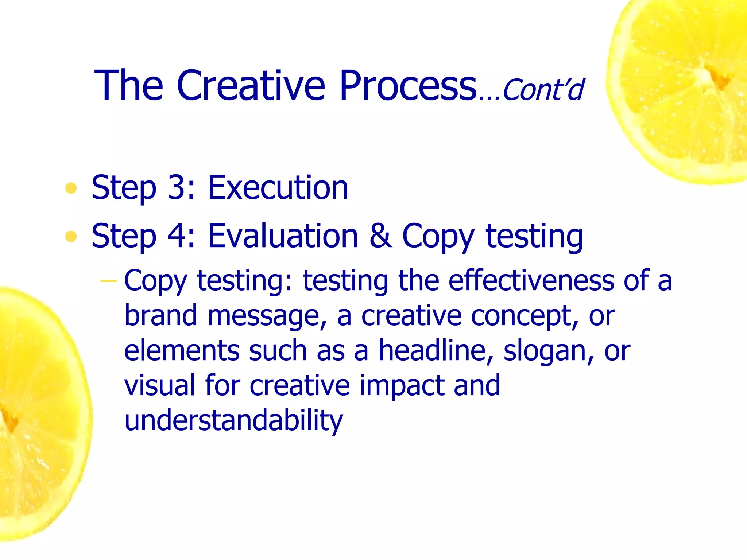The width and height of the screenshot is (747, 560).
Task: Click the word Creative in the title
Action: (x=251, y=86)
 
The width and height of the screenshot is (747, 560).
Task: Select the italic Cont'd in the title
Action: (x=543, y=89)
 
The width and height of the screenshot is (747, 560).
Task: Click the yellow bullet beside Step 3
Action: (x=71, y=188)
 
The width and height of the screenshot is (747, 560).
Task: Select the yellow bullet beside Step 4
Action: (x=71, y=237)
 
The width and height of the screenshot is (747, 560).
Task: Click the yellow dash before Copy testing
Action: (x=108, y=281)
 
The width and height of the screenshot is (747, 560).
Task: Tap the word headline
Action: (x=433, y=350)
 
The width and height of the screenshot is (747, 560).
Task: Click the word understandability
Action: (x=233, y=420)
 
